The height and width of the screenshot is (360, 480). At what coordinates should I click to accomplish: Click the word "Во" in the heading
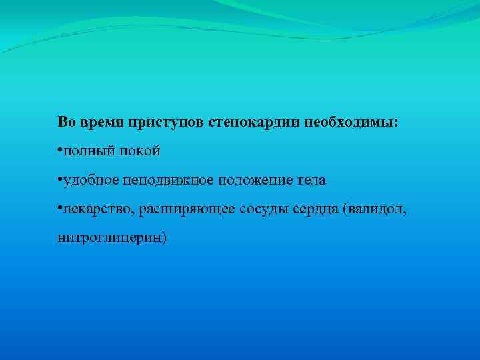pyautogui.click(x=66, y=123)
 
